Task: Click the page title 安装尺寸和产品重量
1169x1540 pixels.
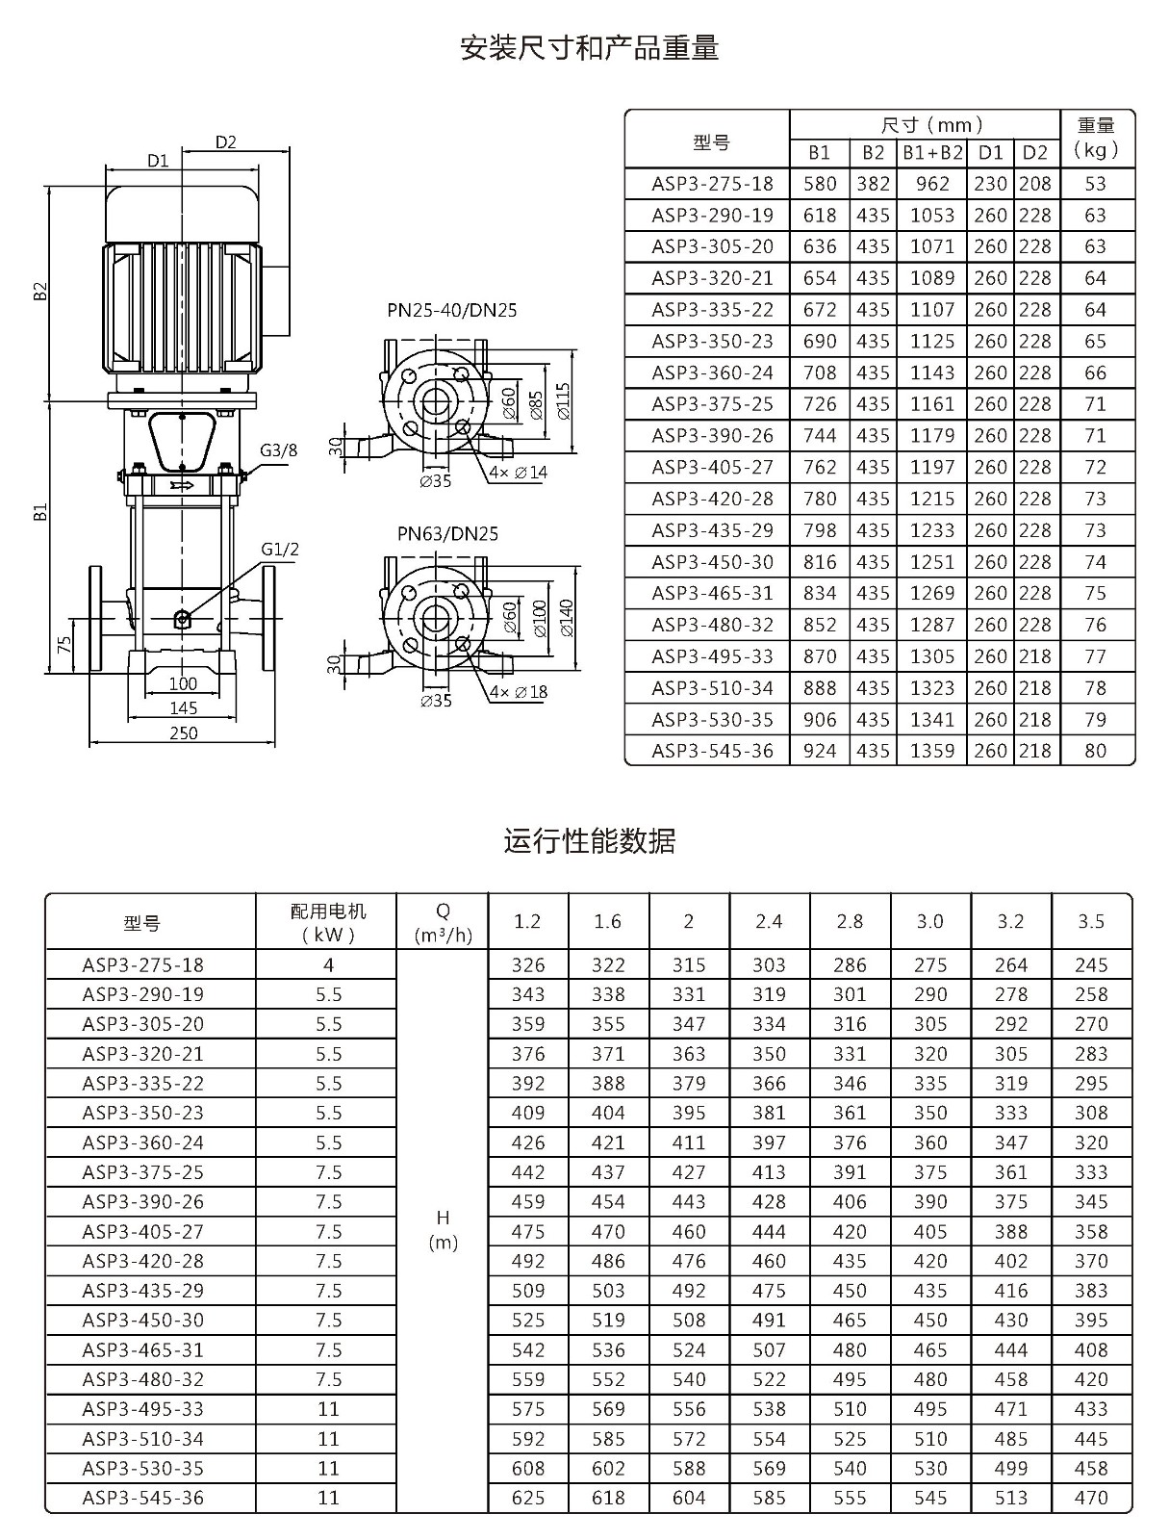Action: (x=589, y=48)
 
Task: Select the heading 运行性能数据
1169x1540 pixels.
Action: (x=589, y=840)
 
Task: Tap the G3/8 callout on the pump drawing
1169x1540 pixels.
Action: (x=278, y=450)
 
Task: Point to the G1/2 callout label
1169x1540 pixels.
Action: (x=280, y=550)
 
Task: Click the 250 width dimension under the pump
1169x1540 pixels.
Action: (x=184, y=733)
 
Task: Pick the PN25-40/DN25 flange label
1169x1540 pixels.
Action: (x=451, y=310)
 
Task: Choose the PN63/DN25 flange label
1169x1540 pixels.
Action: (x=447, y=534)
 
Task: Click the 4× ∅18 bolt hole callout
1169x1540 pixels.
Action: (x=519, y=692)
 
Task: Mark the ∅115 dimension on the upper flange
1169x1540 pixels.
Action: (x=564, y=401)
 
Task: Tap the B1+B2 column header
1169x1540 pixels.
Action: (x=932, y=153)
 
